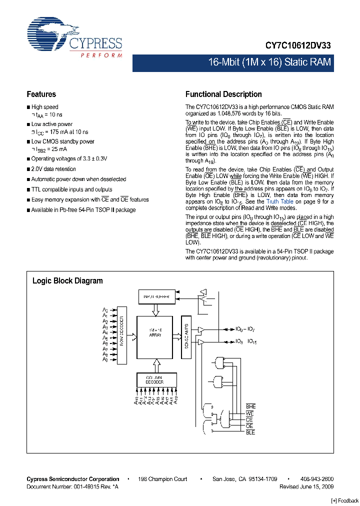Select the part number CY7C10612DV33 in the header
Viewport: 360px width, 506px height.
297,45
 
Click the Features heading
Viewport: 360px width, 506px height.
41,94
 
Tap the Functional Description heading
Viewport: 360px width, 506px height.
223,94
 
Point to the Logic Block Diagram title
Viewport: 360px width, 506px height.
67,280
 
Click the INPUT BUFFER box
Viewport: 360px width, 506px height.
157,297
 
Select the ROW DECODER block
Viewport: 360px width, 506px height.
121,335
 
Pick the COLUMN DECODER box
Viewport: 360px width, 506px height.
157,379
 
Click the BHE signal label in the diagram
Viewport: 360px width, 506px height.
250,407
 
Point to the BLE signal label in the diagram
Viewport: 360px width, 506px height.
250,432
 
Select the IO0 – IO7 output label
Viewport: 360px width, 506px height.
245,329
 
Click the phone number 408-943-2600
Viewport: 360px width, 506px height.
316,479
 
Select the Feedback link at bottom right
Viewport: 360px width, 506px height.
344,500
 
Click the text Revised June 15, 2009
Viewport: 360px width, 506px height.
306,486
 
